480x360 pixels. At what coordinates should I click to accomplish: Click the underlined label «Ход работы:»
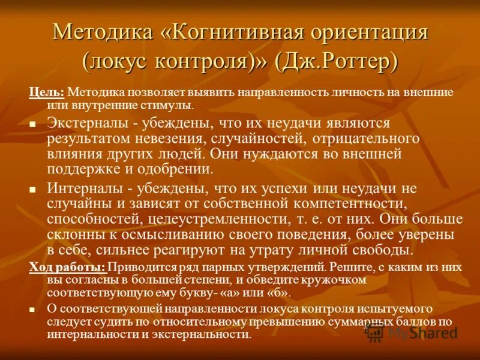point(68,268)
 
